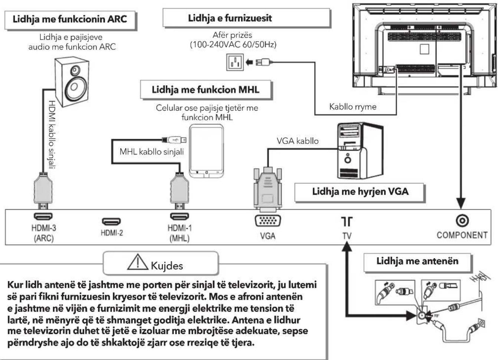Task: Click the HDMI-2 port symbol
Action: point(111,222)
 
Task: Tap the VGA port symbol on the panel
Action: point(268,221)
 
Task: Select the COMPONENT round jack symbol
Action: point(462,221)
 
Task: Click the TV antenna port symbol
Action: point(347,222)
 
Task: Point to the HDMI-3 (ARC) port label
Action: point(44,233)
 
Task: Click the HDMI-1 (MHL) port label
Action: point(179,233)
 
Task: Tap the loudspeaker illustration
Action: point(72,82)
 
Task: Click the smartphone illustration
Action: point(206,151)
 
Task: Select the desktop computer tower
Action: point(360,151)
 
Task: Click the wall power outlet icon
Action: point(235,62)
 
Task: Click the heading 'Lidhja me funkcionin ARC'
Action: point(70,19)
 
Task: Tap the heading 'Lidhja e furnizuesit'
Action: point(230,18)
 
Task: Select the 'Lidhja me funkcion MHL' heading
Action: point(206,90)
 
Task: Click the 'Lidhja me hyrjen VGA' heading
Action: point(360,192)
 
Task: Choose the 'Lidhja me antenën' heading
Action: point(417,261)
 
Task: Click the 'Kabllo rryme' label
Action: point(353,107)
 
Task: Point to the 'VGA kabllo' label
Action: point(298,141)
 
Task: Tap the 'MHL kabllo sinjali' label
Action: point(152,152)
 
